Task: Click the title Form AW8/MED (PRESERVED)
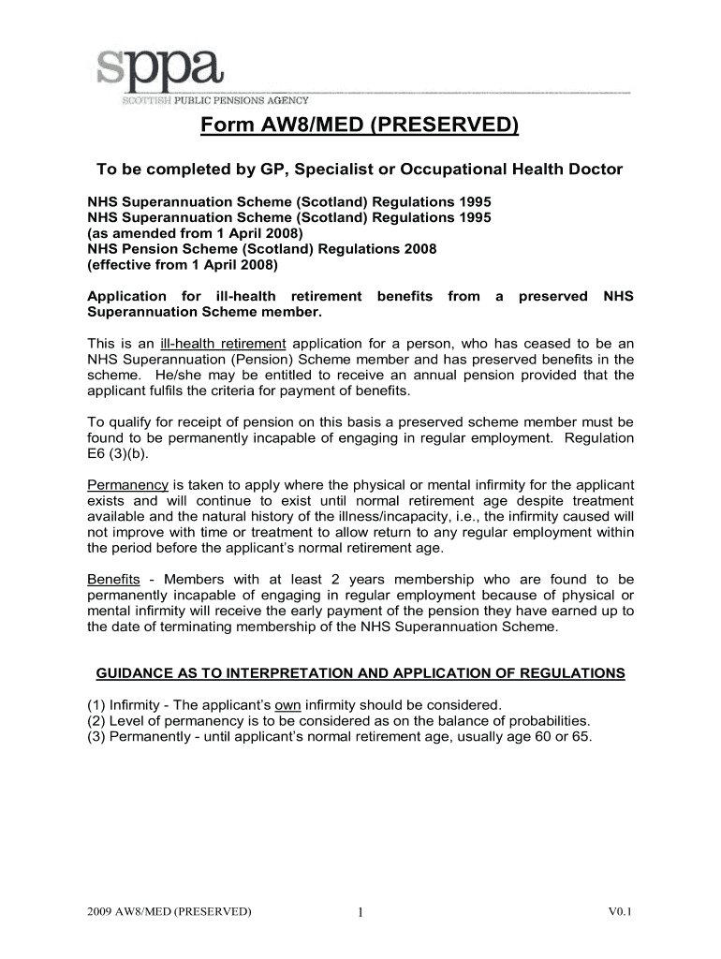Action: pos(359,126)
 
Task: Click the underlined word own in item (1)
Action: pos(287,704)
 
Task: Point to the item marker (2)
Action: pos(96,720)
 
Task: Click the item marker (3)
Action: pos(96,736)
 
